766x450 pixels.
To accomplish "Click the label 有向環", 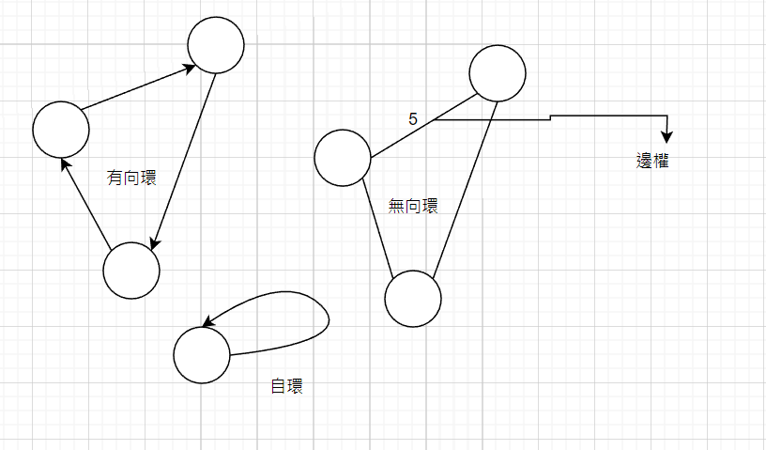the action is [131, 177].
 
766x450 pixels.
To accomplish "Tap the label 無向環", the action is [413, 206].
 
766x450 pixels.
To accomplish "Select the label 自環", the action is [287, 385].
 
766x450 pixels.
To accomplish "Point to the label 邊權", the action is [652, 161].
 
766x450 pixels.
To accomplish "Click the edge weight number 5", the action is [413, 119].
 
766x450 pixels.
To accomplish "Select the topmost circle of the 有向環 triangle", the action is [216, 45].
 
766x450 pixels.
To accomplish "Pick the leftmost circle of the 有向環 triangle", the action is [61, 130].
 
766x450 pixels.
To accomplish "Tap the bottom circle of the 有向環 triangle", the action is [131, 271].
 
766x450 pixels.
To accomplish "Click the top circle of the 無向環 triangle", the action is [497, 72].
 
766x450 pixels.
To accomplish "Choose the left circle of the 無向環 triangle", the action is [343, 158].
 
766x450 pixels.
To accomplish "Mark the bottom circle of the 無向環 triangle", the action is [413, 299].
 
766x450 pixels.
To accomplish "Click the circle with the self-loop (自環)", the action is [202, 355].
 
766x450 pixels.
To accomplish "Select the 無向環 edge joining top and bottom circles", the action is [463, 188].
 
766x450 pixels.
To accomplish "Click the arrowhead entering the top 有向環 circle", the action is [189, 67].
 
